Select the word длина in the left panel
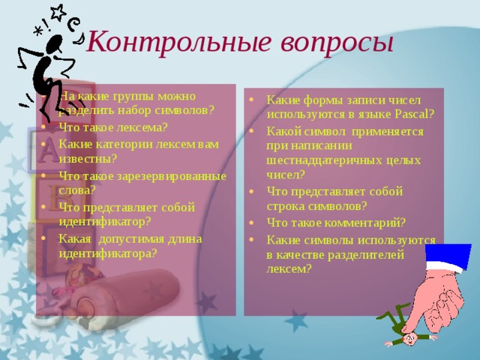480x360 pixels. tap(184, 238)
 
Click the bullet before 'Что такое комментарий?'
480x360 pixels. tap(253, 222)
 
